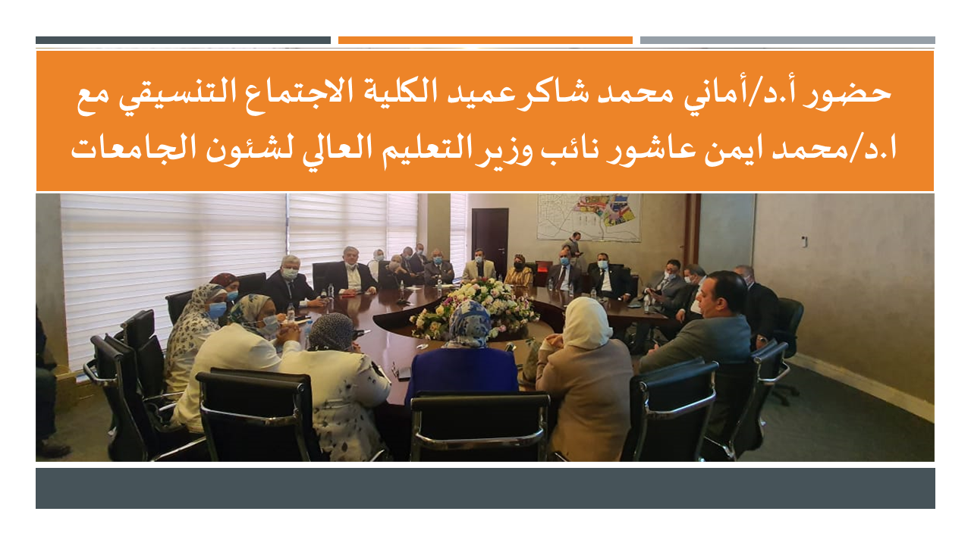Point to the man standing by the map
tap(575, 246)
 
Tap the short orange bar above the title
tap(485, 40)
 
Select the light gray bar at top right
tap(787, 40)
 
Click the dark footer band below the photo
tap(485, 488)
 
